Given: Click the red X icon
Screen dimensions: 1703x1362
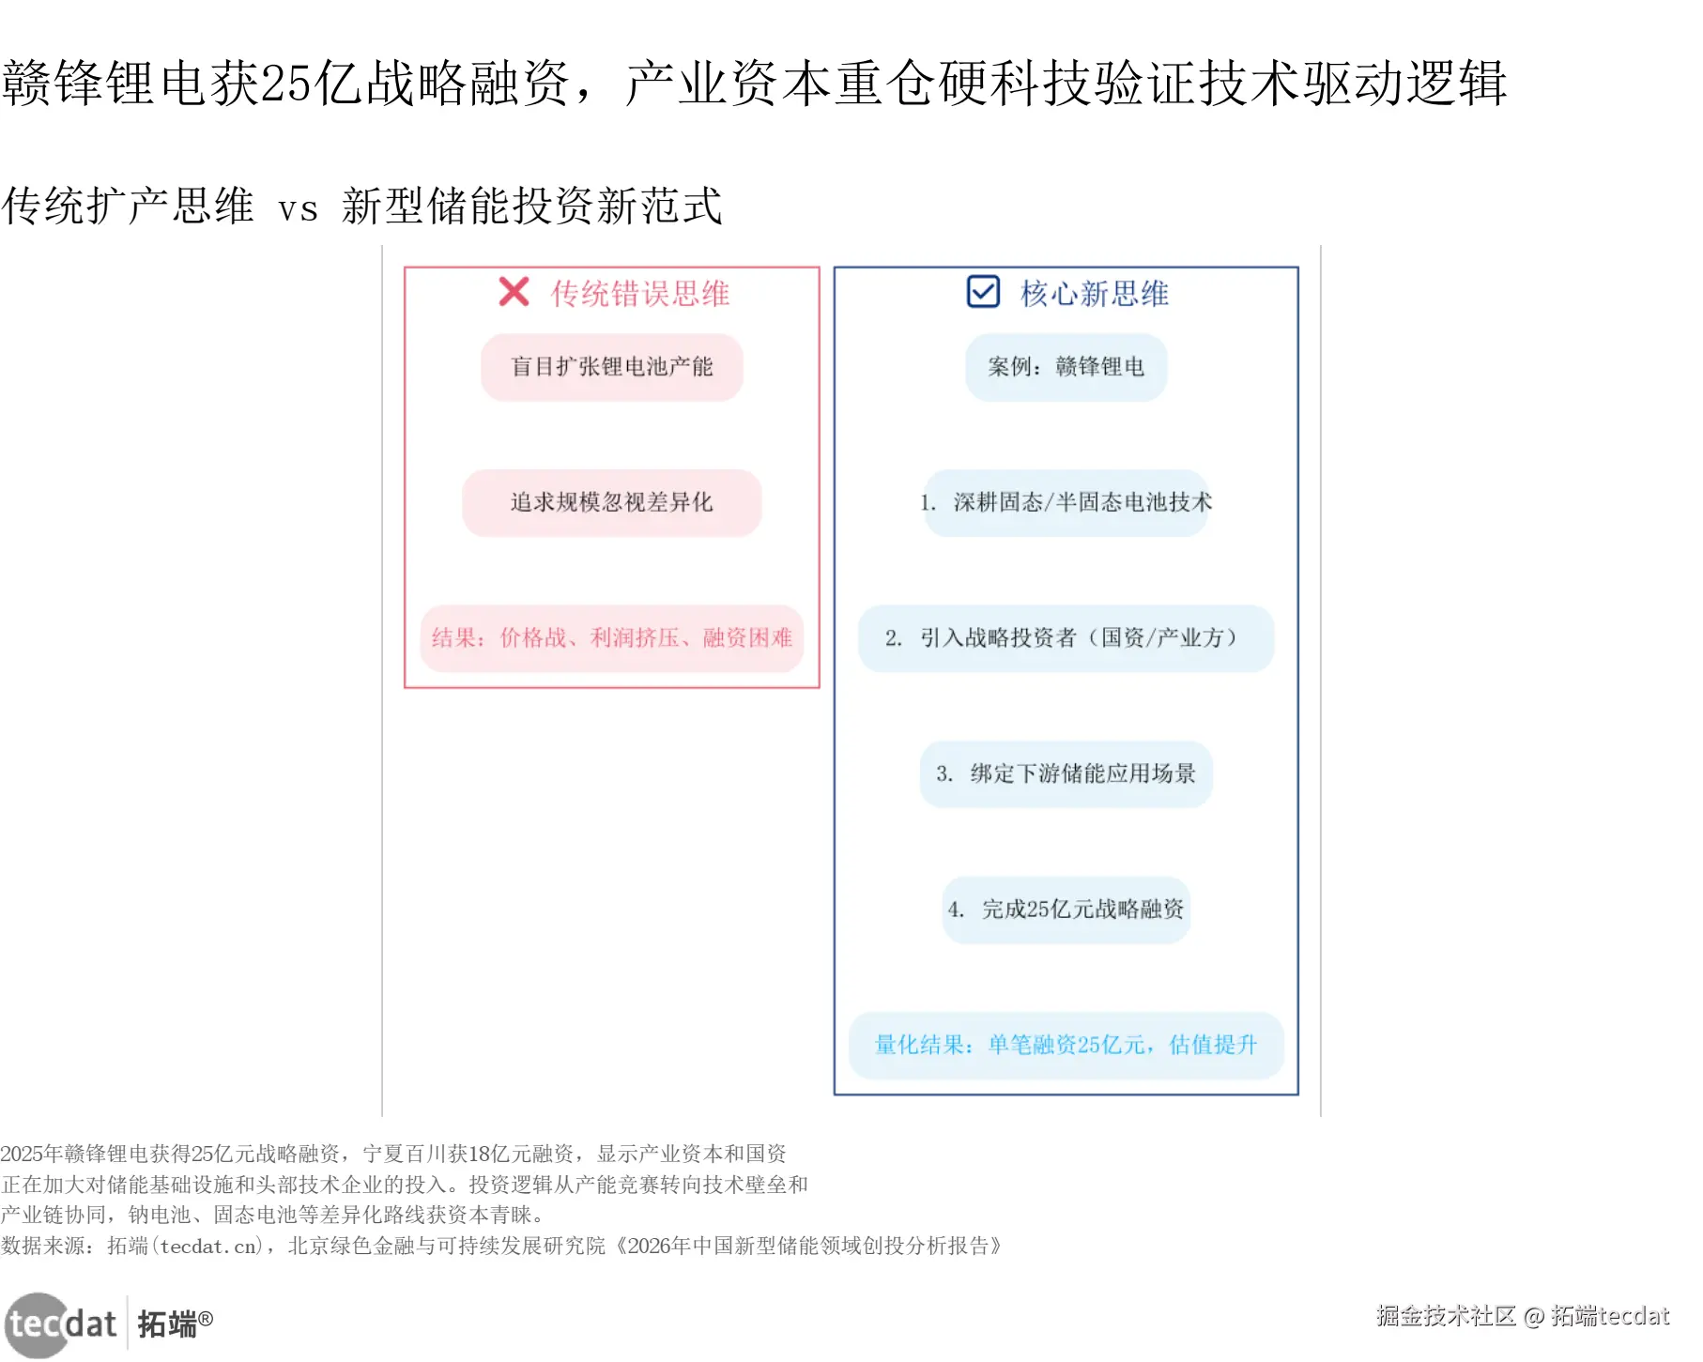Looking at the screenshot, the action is [x=514, y=292].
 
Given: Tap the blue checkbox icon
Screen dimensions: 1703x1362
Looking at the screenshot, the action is [x=983, y=292].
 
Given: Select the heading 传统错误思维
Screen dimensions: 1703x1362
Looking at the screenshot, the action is [x=640, y=294].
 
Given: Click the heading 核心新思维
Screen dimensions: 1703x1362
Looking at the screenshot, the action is [x=1095, y=294].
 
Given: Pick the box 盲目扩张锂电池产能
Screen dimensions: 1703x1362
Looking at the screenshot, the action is [x=612, y=367].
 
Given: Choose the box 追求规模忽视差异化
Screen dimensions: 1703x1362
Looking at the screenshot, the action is [x=612, y=503].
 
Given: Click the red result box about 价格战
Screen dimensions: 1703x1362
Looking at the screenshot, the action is [x=612, y=638].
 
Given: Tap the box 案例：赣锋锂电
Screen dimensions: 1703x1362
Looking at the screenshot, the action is [x=1066, y=367].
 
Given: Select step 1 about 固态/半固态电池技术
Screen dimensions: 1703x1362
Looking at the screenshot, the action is [x=1066, y=503].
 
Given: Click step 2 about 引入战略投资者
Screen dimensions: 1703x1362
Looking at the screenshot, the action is [x=1066, y=638].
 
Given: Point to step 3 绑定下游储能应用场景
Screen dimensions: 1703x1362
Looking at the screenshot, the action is [x=1066, y=774].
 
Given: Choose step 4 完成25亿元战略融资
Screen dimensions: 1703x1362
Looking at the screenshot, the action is [x=1066, y=910].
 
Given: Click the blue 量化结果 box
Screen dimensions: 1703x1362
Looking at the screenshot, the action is [x=1066, y=1045].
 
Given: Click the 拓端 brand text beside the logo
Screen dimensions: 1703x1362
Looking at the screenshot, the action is [x=169, y=1324].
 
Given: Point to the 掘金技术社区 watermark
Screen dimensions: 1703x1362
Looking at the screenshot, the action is [x=1446, y=1316].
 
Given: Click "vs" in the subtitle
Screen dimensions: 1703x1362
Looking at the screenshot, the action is [x=298, y=208].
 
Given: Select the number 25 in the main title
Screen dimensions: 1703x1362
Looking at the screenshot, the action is [x=284, y=84].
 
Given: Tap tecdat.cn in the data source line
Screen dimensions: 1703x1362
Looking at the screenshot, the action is [x=208, y=1247].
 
